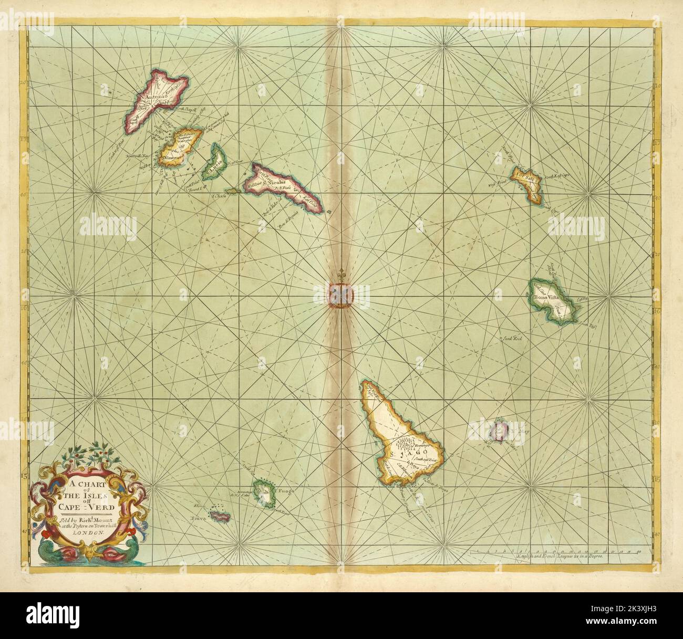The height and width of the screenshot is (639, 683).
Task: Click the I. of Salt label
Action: [x=528, y=177]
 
